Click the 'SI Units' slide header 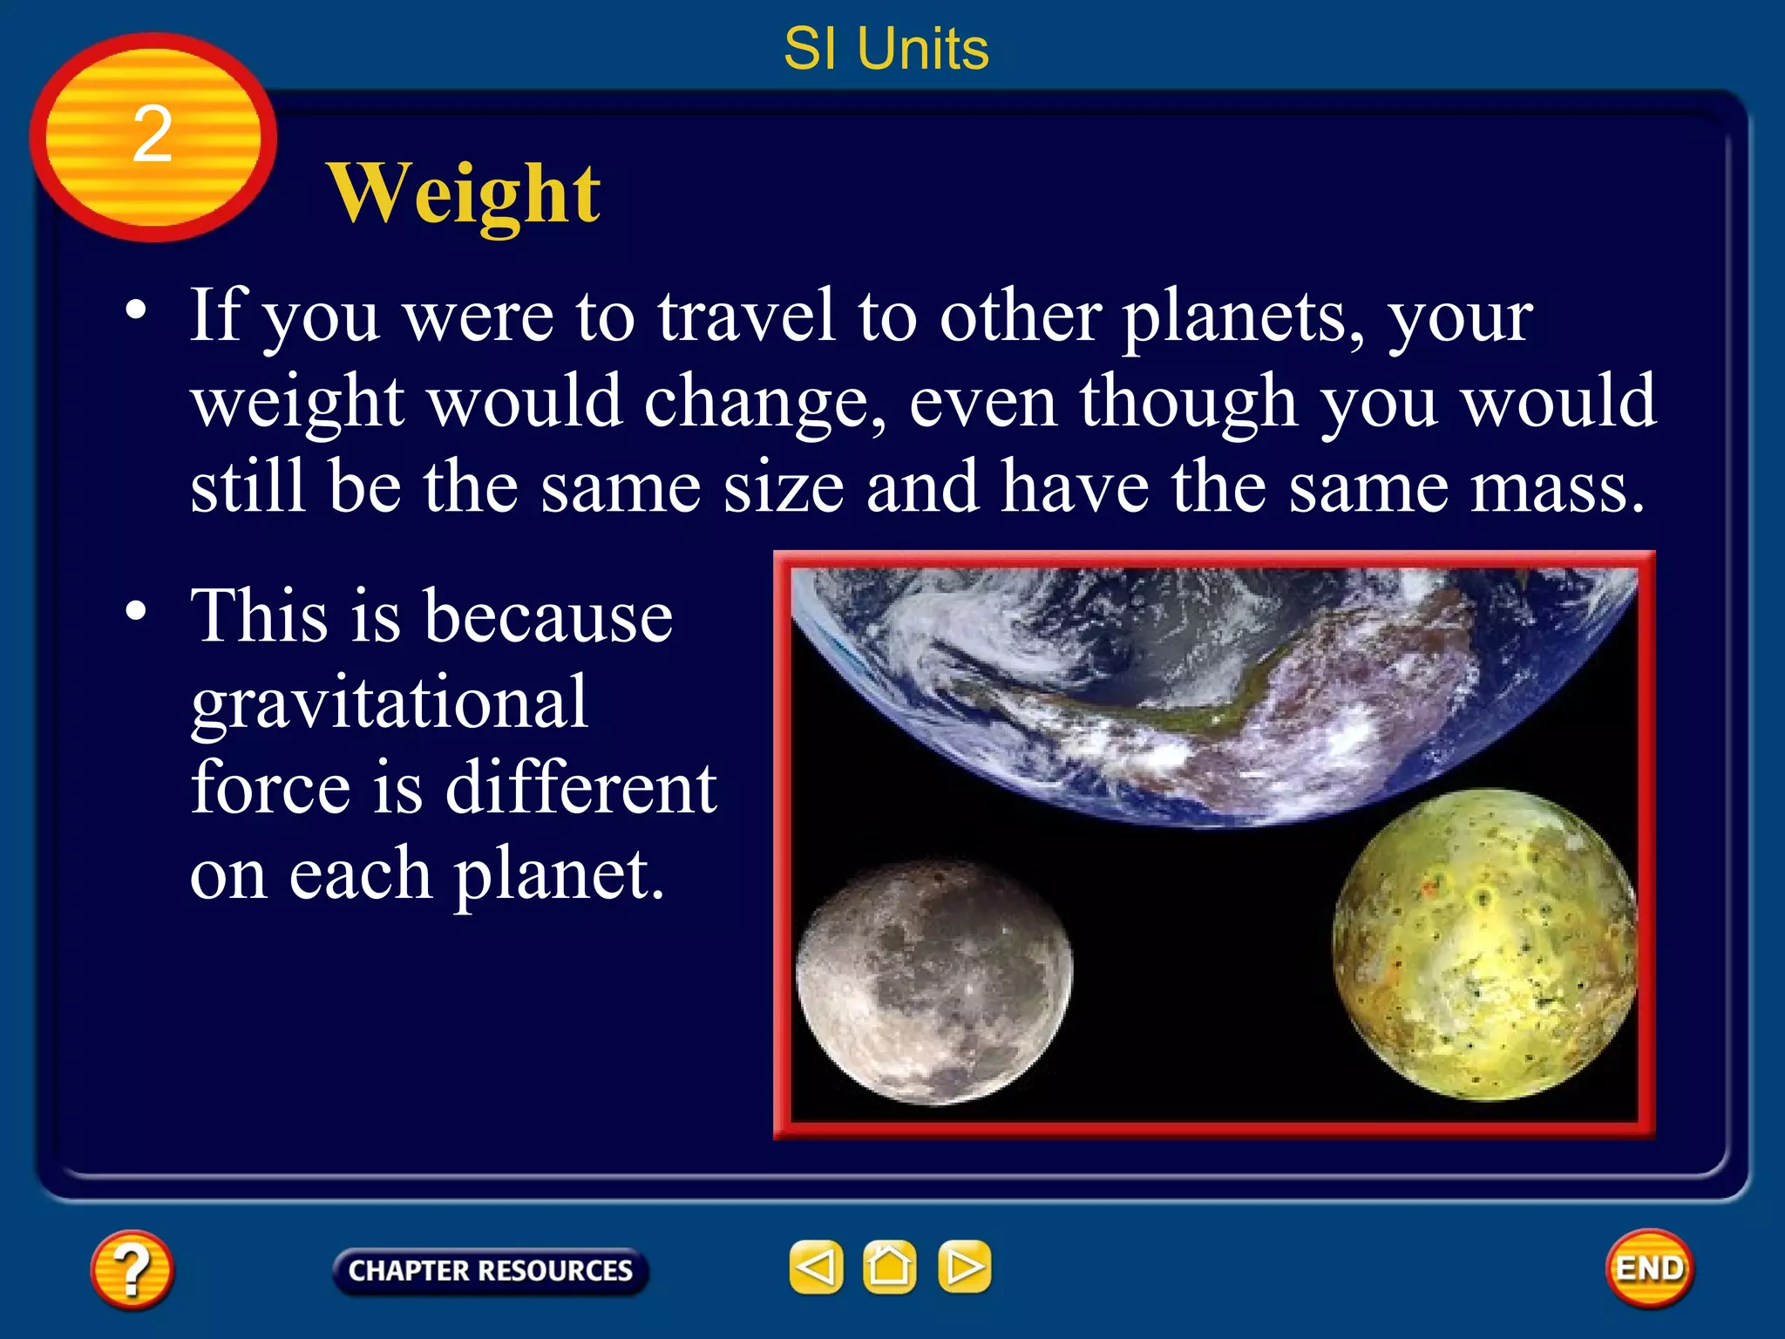pyautogui.click(x=886, y=49)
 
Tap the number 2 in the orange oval pyautogui.click(x=153, y=134)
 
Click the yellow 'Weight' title pyautogui.click(x=464, y=194)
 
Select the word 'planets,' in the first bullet pyautogui.click(x=1243, y=317)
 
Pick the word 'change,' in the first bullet pyautogui.click(x=765, y=403)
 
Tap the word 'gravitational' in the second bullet pyautogui.click(x=390, y=703)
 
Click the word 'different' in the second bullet pyautogui.click(x=581, y=787)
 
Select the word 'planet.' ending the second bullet pyautogui.click(x=558, y=874)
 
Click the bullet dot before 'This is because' pyautogui.click(x=136, y=611)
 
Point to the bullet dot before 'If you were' pyautogui.click(x=136, y=310)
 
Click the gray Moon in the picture pyautogui.click(x=933, y=982)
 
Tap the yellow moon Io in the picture pyautogui.click(x=1484, y=945)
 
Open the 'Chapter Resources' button pyautogui.click(x=490, y=1270)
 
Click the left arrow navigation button pyautogui.click(x=816, y=1267)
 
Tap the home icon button pyautogui.click(x=889, y=1267)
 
